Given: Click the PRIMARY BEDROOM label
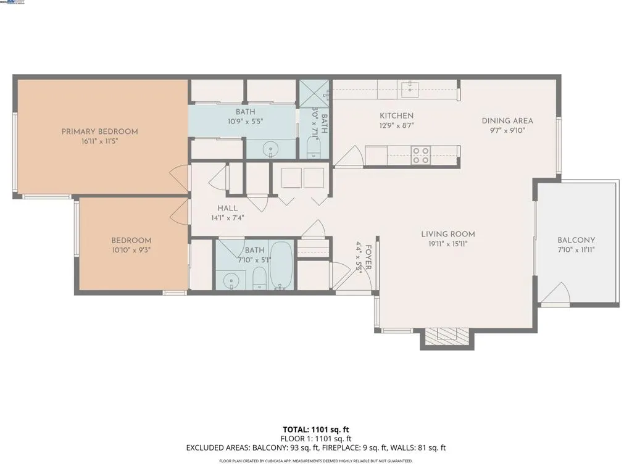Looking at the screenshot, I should point(99,131).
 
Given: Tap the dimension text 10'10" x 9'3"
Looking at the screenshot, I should point(131,250).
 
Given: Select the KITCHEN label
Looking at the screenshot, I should point(396,115).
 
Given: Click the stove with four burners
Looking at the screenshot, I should point(421,155).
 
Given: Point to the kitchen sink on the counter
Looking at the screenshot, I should point(410,89).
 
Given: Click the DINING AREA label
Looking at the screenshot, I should point(507,121).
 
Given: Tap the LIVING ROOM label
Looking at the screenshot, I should point(448,234).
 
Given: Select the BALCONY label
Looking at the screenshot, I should point(576,240).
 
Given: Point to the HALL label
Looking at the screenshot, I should point(228,209).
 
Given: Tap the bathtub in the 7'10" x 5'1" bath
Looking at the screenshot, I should point(282,265).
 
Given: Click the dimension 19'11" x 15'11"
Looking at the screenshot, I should point(448,244).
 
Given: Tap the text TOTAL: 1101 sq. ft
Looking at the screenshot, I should point(315,430).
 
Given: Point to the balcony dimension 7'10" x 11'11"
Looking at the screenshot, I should point(576,250).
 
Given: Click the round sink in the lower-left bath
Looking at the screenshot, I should point(230,280).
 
